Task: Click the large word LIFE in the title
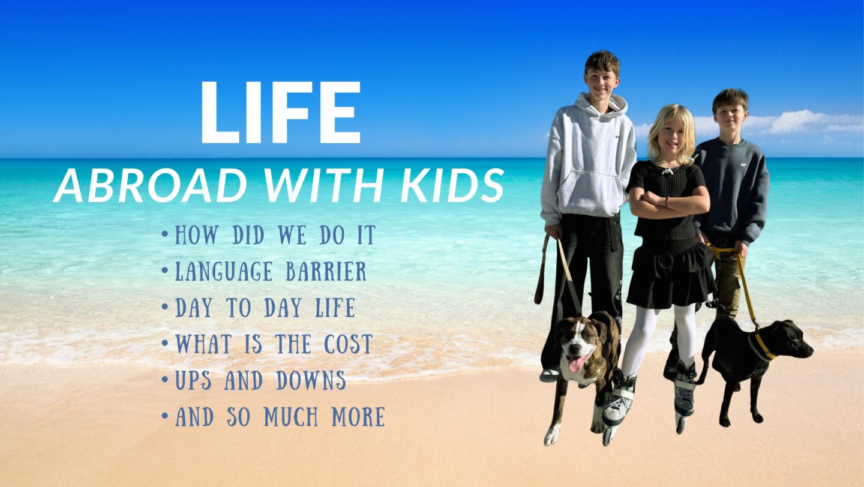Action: pyautogui.click(x=280, y=112)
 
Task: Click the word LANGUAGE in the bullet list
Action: pyautogui.click(x=224, y=271)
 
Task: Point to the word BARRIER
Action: pyautogui.click(x=326, y=271)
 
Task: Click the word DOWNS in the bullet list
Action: pyautogui.click(x=311, y=380)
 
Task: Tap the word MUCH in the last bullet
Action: pyautogui.click(x=291, y=416)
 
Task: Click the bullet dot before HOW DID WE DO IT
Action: pyautogui.click(x=165, y=234)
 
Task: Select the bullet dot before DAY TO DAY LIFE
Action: pyautogui.click(x=165, y=307)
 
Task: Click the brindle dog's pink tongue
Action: pyautogui.click(x=576, y=363)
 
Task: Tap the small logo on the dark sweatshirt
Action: pyautogui.click(x=743, y=165)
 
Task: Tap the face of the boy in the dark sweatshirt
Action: pyautogui.click(x=730, y=115)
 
